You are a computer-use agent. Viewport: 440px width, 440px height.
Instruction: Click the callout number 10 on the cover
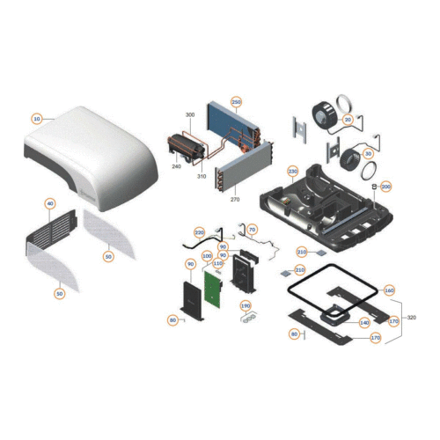[x=37, y=118]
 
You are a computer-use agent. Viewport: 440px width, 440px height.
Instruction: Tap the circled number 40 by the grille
[x=50, y=204]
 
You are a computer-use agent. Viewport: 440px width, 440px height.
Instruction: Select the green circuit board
[x=213, y=291]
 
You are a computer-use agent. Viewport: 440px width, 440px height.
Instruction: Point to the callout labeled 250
[x=236, y=102]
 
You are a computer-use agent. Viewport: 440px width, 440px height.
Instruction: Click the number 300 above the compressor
[x=189, y=116]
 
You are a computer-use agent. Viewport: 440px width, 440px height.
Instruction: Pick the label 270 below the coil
[x=233, y=199]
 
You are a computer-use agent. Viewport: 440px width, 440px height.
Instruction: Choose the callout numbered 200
[x=385, y=187]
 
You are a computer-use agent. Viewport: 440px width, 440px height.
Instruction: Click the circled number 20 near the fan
[x=348, y=120]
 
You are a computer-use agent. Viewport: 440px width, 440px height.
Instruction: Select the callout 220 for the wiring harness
[x=199, y=231]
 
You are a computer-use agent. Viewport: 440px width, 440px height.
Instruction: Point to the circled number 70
[x=252, y=231]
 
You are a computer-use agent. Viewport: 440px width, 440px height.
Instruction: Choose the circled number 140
[x=364, y=323]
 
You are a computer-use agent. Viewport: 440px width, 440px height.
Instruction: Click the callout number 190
[x=246, y=305]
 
